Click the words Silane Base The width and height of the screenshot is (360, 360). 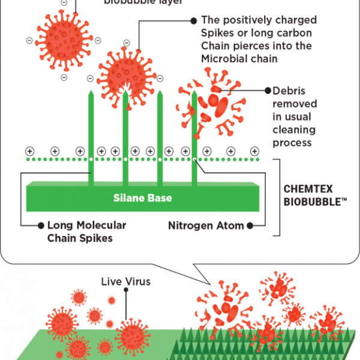143,197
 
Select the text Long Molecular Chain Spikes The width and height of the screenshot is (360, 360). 86,232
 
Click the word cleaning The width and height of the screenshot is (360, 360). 294,130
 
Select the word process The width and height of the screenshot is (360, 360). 292,143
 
